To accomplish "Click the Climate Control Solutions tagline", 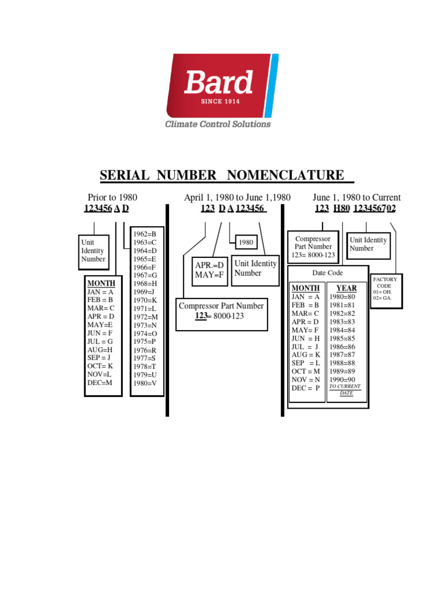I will (x=218, y=124).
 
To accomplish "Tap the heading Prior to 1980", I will (x=112, y=197).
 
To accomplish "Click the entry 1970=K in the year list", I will (x=145, y=300).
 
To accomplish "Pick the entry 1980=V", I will (x=145, y=383).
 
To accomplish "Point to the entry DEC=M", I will (x=100, y=383).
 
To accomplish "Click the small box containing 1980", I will (x=246, y=242).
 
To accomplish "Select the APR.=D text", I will (x=209, y=265).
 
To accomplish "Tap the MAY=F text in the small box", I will (x=209, y=274).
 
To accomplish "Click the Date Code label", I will (x=328, y=273).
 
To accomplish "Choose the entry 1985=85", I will (x=343, y=338).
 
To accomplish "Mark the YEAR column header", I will (x=347, y=288).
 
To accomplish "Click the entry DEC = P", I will (x=306, y=388).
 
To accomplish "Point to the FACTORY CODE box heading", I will (x=385, y=282).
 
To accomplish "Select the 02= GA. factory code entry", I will (x=382, y=298).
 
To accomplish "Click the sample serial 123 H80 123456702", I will (x=355, y=208).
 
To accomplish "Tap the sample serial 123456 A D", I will (x=106, y=208).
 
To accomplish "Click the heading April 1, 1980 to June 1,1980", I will (x=237, y=197).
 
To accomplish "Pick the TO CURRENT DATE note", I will (x=345, y=390).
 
